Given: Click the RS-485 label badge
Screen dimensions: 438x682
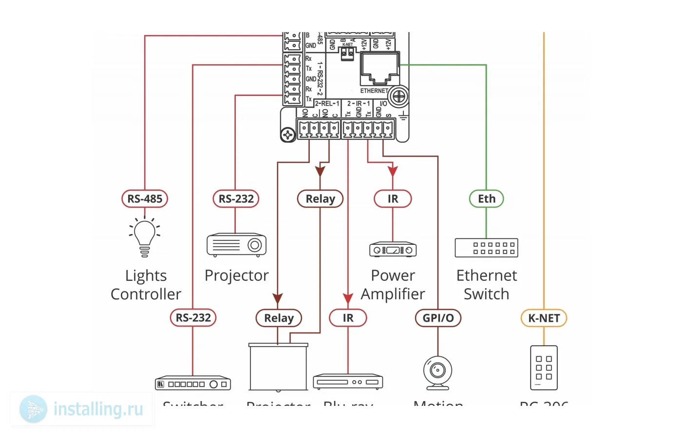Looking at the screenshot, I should pos(145,199).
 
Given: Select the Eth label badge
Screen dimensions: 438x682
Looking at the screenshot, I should pos(486,199).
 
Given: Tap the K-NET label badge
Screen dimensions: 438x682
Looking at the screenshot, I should pos(544,318).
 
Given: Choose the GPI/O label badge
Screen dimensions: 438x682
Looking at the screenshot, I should pos(438,318).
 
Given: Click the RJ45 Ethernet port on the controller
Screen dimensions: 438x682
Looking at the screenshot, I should pos(379,69).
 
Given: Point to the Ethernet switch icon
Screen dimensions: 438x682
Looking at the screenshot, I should pos(486,248).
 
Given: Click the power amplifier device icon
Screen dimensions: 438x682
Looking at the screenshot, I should pos(393,250).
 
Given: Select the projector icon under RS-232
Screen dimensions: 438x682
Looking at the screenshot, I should pos(236,244).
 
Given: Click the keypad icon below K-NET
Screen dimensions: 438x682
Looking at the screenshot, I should pos(544,367).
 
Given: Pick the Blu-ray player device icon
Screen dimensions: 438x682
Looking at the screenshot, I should pos(348,382).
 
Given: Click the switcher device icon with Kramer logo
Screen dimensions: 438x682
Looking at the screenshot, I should pos(193,383).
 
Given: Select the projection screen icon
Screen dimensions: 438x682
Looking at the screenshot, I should pos(278,367).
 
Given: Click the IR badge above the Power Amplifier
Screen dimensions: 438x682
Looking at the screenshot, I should pos(393,199).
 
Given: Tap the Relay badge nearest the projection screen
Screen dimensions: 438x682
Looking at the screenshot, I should pos(279,318).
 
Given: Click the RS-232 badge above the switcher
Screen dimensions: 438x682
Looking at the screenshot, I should pos(193,318).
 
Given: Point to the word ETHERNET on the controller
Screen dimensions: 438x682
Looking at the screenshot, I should pos(374,91).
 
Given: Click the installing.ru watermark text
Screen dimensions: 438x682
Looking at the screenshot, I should pos(98,409).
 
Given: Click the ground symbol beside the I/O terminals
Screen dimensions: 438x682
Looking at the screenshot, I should pos(403,116).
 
